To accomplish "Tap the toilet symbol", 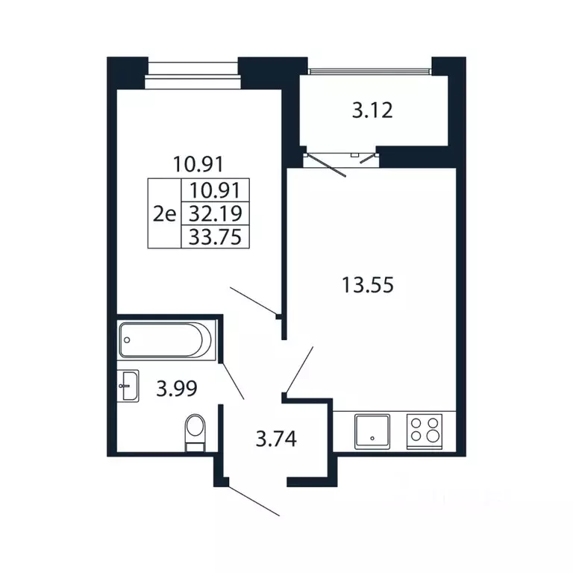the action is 195,432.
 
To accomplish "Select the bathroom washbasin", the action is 128,386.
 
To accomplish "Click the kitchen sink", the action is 372,431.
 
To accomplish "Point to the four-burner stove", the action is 425,431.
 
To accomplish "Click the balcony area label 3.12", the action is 372,110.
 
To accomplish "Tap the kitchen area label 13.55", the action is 368,285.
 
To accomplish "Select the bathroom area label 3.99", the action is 177,389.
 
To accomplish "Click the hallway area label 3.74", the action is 276,439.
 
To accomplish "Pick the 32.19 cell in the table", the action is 215,213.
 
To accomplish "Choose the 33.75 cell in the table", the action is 215,237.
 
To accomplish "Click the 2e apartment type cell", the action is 164,213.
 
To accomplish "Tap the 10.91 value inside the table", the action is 215,190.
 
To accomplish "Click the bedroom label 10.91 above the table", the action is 198,164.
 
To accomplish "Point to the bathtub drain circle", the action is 127,340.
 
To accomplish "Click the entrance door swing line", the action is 254,501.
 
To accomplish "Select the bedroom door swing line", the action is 253,301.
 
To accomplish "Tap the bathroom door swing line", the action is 233,381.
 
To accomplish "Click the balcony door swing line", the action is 326,166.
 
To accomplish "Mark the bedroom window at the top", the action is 193,75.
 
